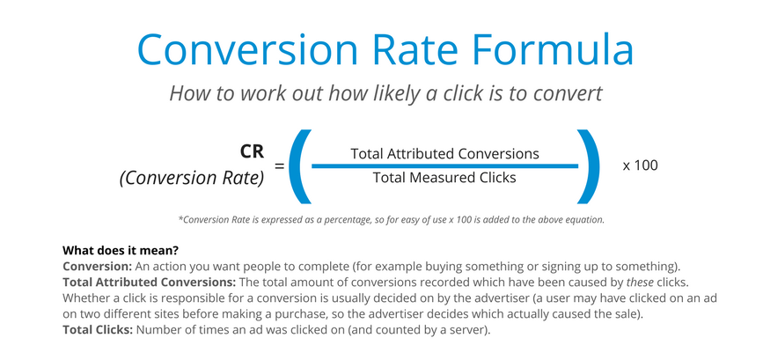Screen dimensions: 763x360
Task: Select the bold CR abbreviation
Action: click(252, 151)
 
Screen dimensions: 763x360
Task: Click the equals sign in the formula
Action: click(279, 165)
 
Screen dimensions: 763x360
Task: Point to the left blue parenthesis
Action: click(300, 166)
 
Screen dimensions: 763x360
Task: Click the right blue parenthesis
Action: click(588, 166)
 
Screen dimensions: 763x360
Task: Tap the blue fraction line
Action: click(444, 165)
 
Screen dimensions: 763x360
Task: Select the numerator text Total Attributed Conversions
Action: click(444, 154)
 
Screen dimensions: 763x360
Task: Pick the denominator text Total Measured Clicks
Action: click(444, 178)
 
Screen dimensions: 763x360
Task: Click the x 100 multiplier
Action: click(641, 165)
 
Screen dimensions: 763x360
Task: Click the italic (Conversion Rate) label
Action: click(192, 179)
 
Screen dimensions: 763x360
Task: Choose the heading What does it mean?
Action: click(121, 252)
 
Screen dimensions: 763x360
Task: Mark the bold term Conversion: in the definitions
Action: click(98, 267)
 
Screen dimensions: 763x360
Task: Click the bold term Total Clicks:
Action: click(98, 329)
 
